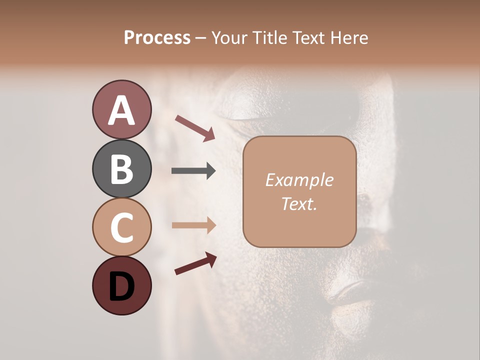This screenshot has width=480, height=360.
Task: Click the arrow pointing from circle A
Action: click(195, 128)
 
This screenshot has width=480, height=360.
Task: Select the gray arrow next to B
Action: click(193, 171)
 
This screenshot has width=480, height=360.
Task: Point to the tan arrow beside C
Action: click(193, 225)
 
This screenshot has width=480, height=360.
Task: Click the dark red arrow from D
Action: click(195, 263)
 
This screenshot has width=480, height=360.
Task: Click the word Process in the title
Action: click(157, 38)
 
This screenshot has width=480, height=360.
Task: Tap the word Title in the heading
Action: click(269, 38)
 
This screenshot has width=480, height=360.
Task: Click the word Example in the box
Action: click(299, 180)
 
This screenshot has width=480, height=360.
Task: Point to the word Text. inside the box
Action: click(299, 203)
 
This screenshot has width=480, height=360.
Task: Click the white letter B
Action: click(122, 169)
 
